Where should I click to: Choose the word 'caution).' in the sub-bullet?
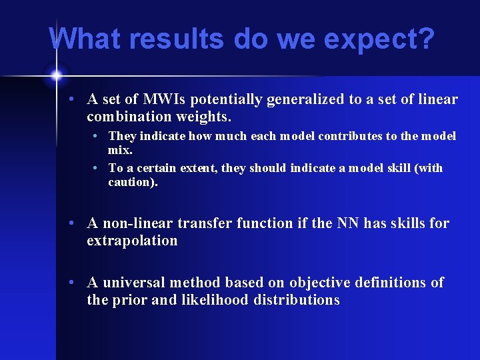coord(133,181)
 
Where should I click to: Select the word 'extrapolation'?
coord(132,241)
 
